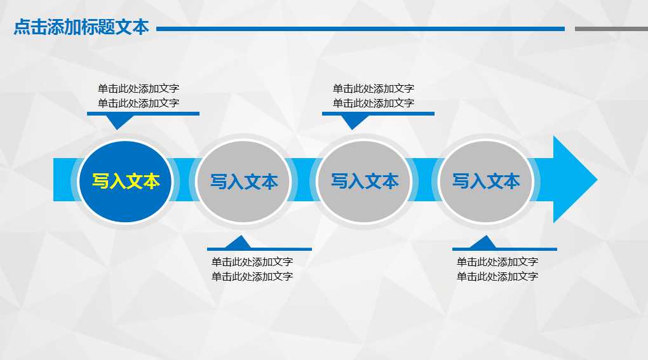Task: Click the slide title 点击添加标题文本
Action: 81,27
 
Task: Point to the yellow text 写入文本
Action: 126,182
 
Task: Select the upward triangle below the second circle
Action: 239,243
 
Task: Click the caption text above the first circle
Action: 138,96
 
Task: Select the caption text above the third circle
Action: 374,96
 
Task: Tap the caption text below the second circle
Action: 252,269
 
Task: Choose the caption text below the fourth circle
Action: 497,269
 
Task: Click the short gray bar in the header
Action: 611,29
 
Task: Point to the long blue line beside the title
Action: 360,29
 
